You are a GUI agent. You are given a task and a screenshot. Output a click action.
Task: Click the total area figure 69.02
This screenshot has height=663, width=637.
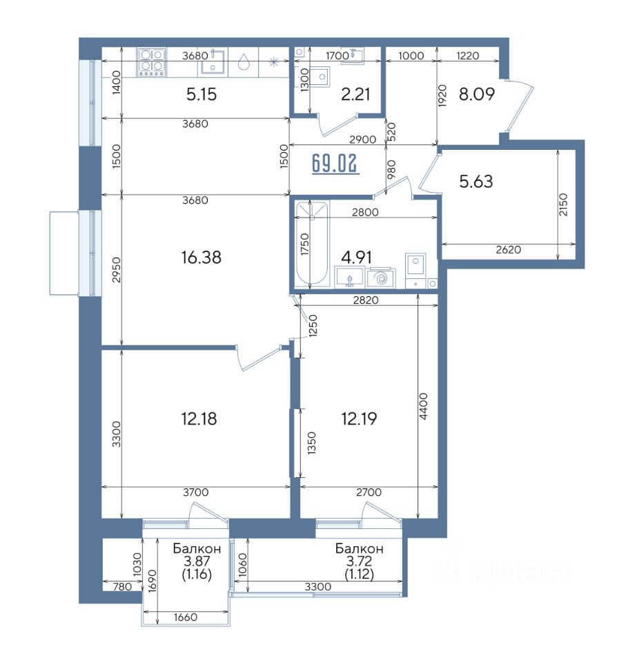click(x=335, y=164)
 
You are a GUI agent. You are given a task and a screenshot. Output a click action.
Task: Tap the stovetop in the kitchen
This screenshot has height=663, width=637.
click(x=151, y=61)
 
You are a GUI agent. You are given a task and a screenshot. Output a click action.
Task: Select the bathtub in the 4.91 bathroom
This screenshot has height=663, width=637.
click(x=312, y=244)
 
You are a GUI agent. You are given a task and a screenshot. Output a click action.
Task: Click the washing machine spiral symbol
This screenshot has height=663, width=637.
click(x=380, y=278)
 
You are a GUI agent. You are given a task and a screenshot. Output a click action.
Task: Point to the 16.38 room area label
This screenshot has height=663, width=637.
click(x=201, y=257)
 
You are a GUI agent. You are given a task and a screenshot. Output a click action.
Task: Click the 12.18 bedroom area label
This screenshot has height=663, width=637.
click(x=199, y=419)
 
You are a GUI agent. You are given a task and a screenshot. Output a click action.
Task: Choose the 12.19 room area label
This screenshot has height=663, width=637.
click(x=359, y=419)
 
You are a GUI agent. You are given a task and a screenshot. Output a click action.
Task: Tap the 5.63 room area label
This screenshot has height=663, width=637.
click(x=476, y=182)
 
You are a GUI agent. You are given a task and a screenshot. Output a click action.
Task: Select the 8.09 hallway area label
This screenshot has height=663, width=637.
click(x=476, y=94)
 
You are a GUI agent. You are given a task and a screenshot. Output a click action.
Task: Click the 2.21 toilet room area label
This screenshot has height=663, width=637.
click(x=355, y=94)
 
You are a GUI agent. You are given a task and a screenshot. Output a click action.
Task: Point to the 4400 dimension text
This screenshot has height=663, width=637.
click(x=424, y=406)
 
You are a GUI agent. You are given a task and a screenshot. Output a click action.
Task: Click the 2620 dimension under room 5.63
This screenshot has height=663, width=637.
click(x=508, y=249)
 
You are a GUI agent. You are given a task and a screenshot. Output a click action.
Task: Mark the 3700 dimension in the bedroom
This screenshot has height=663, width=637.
click(x=195, y=492)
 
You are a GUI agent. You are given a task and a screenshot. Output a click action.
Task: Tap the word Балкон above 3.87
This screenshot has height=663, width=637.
click(x=197, y=548)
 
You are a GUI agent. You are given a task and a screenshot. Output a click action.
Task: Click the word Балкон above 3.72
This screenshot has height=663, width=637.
click(x=359, y=548)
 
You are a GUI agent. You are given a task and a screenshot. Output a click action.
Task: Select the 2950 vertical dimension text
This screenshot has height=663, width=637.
click(x=117, y=270)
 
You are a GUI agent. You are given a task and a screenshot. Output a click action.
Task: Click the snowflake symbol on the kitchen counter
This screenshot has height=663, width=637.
click(x=274, y=63)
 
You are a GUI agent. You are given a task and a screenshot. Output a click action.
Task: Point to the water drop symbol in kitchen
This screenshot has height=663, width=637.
click(x=244, y=61)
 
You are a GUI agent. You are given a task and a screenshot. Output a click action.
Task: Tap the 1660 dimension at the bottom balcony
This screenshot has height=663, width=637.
click(x=186, y=617)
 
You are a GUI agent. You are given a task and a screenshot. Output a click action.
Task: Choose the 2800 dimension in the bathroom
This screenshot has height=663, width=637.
click(x=365, y=212)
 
